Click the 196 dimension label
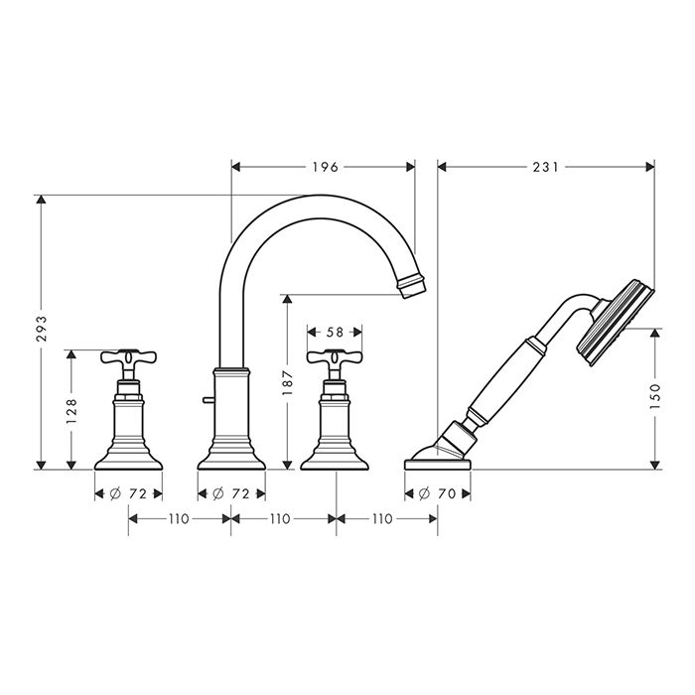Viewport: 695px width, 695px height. (x=326, y=167)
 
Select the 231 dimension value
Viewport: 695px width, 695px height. (x=546, y=167)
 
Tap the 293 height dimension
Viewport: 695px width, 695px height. (x=42, y=329)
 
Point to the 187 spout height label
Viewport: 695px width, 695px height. (x=288, y=382)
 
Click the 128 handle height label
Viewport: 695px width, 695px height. (x=71, y=410)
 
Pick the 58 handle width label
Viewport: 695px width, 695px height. (x=336, y=332)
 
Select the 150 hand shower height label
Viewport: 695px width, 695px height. (x=654, y=396)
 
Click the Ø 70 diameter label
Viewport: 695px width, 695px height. (x=438, y=493)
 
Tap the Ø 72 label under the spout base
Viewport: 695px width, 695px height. (x=231, y=493)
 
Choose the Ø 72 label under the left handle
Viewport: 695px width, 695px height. (x=128, y=493)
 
